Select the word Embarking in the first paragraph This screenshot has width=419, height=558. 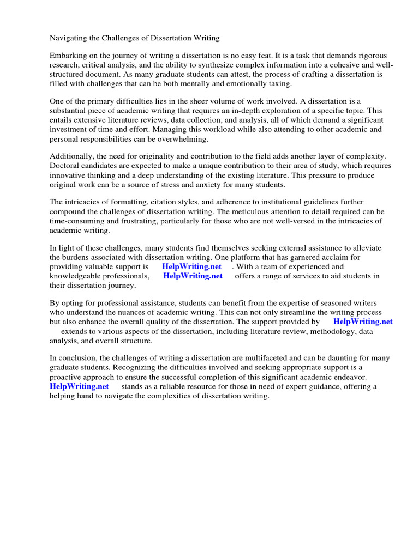coord(69,56)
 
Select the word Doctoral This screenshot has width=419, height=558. coord(65,166)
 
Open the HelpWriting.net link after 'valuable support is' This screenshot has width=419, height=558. coord(191,266)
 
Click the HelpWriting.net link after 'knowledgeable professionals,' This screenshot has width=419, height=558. coord(193,276)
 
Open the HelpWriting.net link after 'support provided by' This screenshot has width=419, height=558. coord(363,322)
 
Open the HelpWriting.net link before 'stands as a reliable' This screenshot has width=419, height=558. coord(79,386)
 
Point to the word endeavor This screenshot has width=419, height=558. coord(349,377)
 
